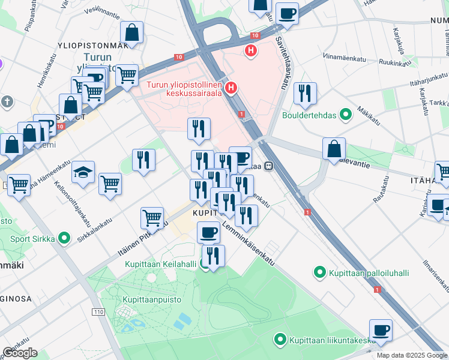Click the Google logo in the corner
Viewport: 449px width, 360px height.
[20, 353]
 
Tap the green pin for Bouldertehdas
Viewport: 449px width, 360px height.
[346, 113]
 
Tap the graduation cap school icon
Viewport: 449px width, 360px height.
[83, 173]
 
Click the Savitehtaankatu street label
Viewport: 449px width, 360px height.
[281, 60]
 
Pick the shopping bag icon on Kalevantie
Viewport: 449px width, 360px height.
[334, 149]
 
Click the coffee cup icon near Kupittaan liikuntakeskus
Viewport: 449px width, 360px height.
[381, 329]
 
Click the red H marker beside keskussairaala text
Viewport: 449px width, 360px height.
[231, 88]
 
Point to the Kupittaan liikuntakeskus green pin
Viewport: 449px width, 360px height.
[280, 340]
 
